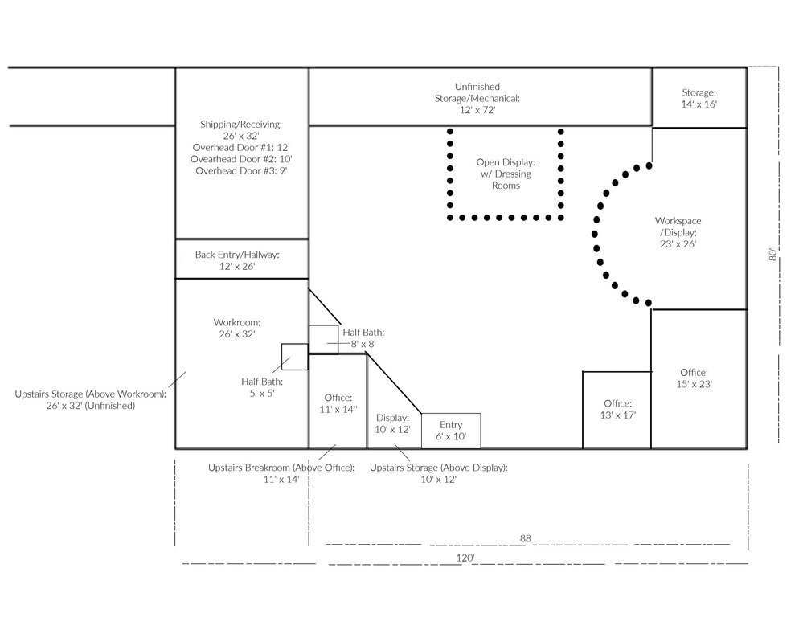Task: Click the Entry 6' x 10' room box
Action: pos(451,431)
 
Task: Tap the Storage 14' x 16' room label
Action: pos(699,98)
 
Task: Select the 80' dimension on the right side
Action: pos(773,254)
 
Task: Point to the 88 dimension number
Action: pos(526,538)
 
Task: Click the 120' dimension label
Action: pos(465,558)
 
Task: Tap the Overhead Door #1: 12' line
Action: pos(241,148)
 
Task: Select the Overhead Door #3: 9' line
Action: pos(241,170)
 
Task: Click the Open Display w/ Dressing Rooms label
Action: pos(506,174)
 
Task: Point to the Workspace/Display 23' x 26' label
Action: pos(678,232)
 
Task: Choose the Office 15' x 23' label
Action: pos(694,378)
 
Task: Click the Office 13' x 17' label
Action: pos(618,409)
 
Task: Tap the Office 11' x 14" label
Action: pos(338,403)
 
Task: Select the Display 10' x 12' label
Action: pos(392,424)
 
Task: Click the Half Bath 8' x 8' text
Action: pos(363,338)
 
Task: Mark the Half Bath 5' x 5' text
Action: pos(262,387)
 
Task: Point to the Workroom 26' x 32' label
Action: pos(237,328)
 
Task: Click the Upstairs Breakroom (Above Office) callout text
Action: pos(281,473)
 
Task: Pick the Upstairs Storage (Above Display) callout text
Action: pos(439,473)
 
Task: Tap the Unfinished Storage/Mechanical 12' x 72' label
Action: pos(477,98)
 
